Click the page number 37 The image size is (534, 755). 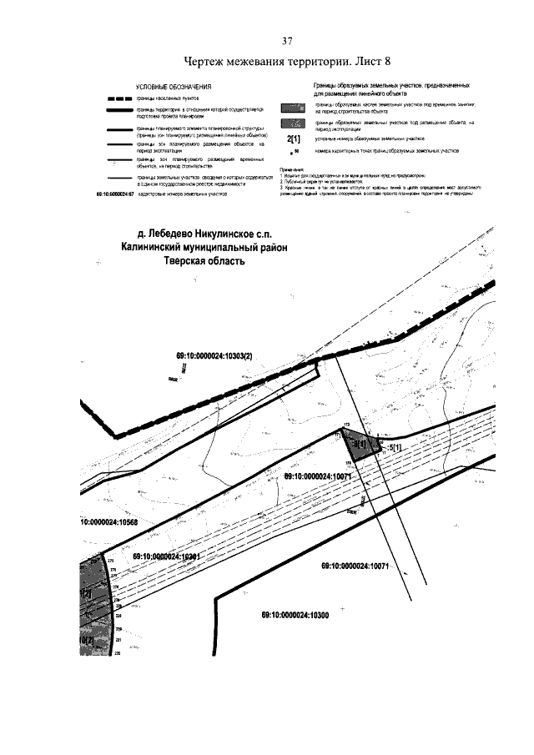287,42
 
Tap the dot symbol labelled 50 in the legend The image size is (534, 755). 293,152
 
